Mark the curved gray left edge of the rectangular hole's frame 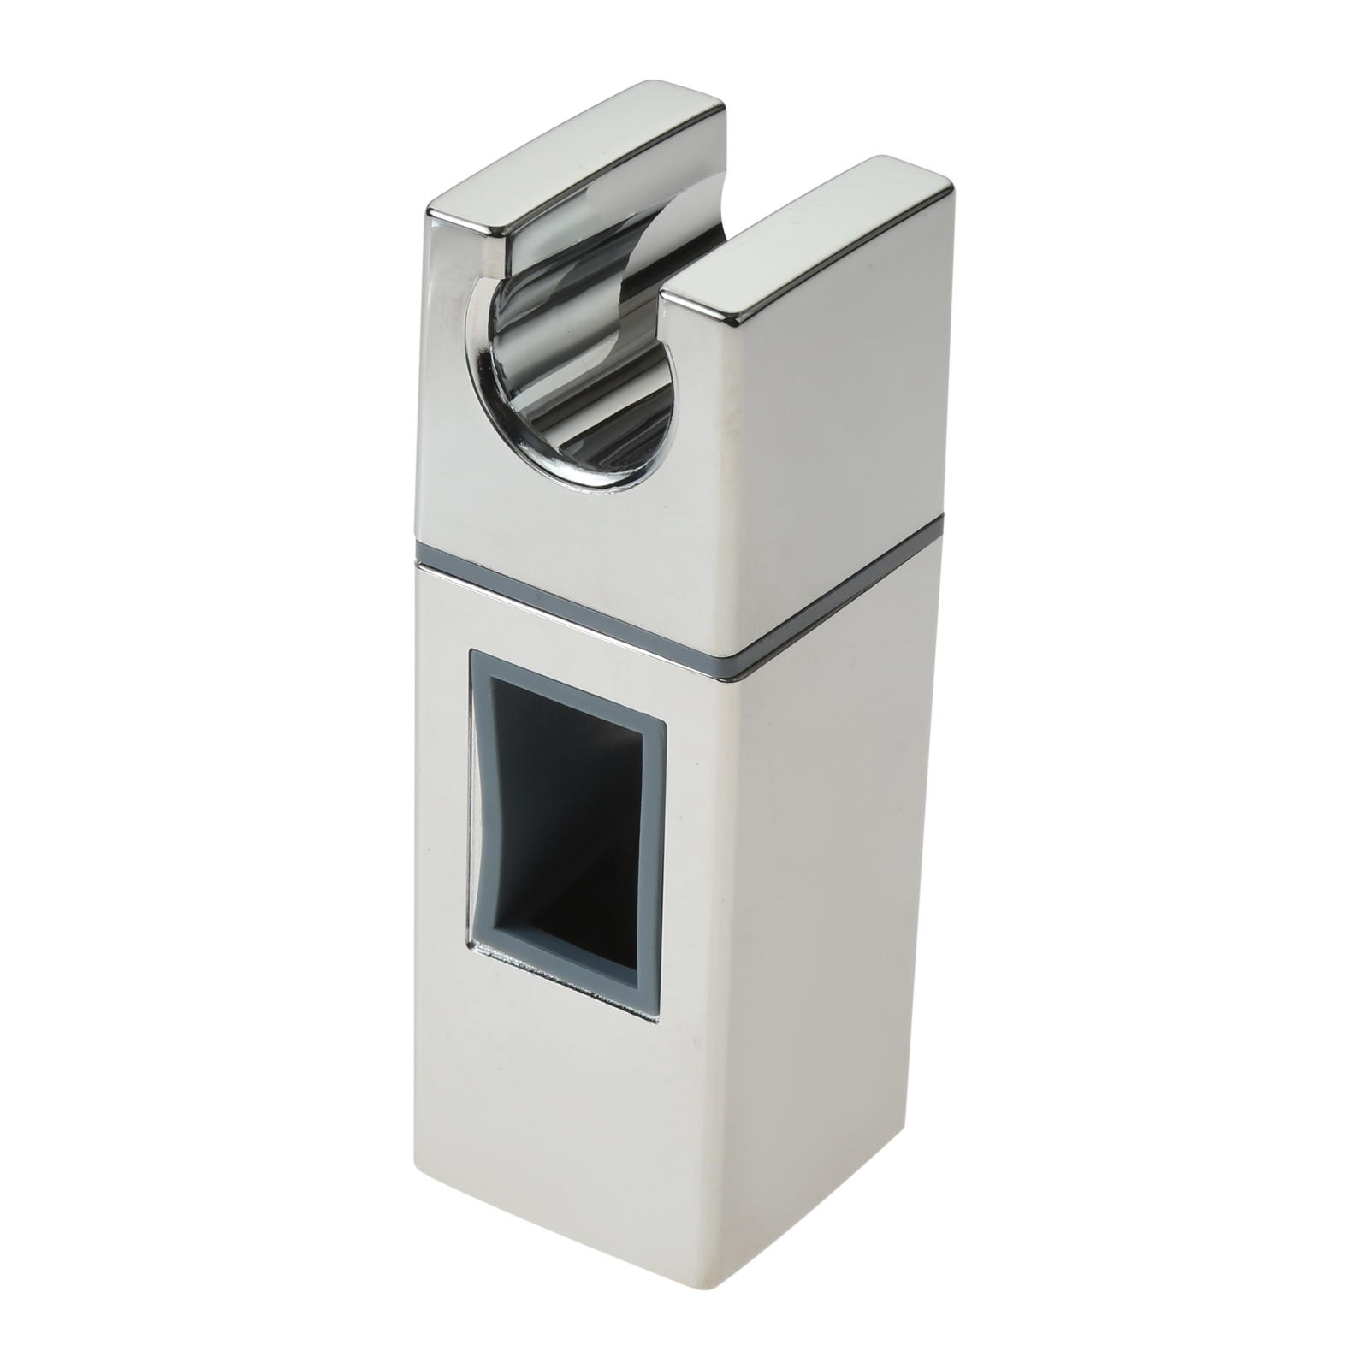pos(476,813)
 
